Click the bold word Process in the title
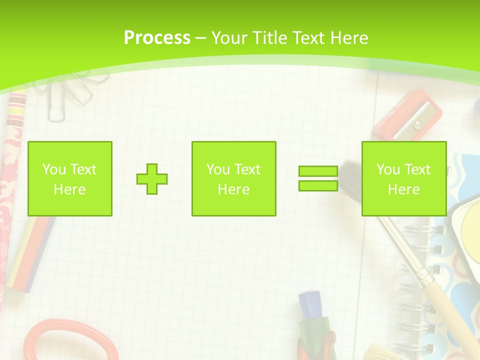point(157,38)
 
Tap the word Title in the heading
point(269,38)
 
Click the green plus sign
point(152,179)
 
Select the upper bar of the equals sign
point(318,171)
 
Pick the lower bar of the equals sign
point(318,185)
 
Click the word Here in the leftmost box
point(69,189)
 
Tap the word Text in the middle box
point(247,169)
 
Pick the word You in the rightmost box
point(388,169)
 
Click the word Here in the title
point(348,38)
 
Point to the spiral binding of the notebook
point(417,280)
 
